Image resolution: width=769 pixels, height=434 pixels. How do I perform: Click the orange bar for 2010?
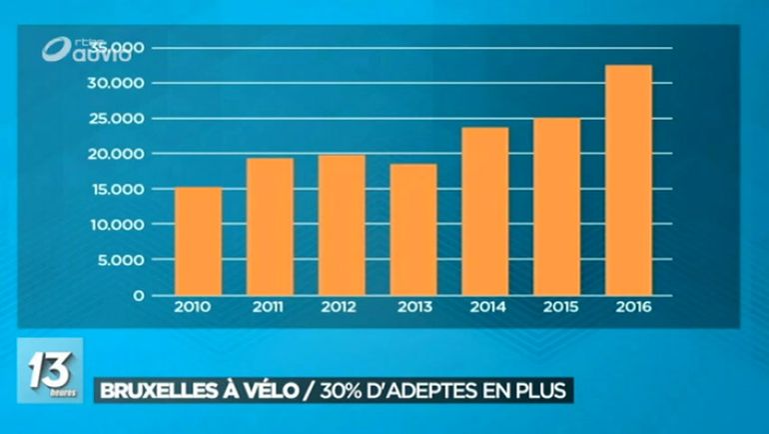click(x=198, y=241)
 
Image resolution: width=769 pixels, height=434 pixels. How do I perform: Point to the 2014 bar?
click(x=484, y=211)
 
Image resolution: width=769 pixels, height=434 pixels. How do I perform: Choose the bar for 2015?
click(x=556, y=207)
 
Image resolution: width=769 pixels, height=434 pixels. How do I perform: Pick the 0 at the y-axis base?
click(x=140, y=296)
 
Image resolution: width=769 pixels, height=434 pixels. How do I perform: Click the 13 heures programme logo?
click(x=49, y=371)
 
